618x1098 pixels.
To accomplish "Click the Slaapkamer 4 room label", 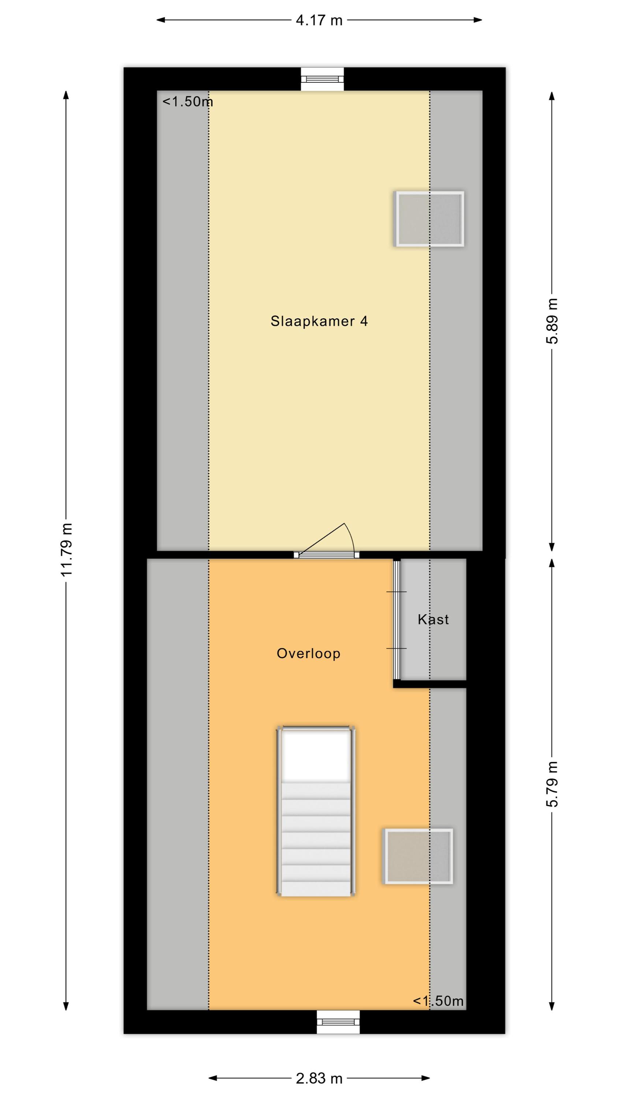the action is click(319, 321).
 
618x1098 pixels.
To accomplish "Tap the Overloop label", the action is click(308, 653).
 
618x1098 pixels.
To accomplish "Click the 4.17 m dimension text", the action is click(319, 20).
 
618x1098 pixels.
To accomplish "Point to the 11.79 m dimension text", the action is click(67, 550).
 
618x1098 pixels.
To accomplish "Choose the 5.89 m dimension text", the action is click(552, 321).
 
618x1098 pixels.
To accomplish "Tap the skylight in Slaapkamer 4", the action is click(429, 219).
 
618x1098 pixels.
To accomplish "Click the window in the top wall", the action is click(322, 79).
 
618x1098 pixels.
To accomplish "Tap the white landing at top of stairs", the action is click(316, 755).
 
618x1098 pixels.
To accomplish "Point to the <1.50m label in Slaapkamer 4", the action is click(188, 101).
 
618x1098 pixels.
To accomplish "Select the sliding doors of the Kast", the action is click(397, 620).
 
